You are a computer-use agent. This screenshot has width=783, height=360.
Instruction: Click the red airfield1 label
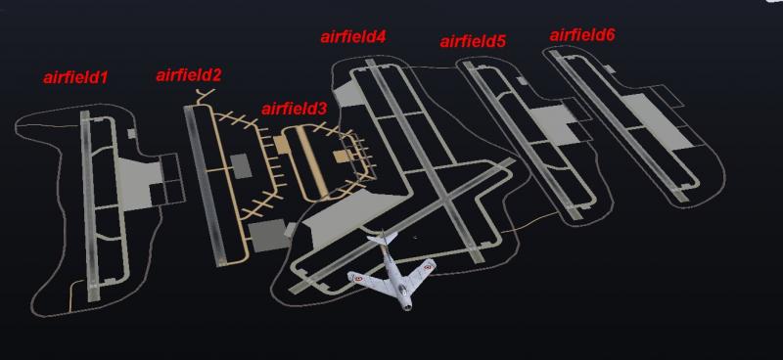pyautogui.click(x=75, y=77)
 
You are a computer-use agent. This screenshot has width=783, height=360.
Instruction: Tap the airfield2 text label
pyautogui.click(x=188, y=75)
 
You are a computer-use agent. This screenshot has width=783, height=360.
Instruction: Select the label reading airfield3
pyautogui.click(x=295, y=109)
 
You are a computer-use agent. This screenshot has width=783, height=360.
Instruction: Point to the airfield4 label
pyautogui.click(x=353, y=37)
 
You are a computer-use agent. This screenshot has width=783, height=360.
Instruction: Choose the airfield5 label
pyautogui.click(x=473, y=41)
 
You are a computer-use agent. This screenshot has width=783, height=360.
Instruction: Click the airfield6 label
pyautogui.click(x=582, y=35)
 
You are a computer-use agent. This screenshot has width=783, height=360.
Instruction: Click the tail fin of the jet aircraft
pyautogui.click(x=382, y=239)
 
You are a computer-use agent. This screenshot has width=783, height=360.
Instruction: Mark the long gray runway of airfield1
pyautogui.click(x=89, y=205)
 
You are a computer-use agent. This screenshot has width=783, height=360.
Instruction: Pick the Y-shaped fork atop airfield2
pyautogui.click(x=205, y=97)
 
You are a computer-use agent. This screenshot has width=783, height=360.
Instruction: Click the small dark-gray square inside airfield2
pyautogui.click(x=241, y=166)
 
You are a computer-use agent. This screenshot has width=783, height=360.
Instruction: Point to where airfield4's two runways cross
pyautogui.click(x=445, y=201)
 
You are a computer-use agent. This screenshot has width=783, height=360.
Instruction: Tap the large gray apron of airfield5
pyautogui.click(x=552, y=125)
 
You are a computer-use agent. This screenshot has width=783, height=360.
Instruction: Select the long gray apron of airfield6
pyautogui.click(x=656, y=122)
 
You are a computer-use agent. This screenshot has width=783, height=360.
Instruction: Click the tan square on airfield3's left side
pyautogui.click(x=279, y=145)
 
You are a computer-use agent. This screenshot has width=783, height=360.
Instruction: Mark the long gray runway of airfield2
pyautogui.click(x=205, y=185)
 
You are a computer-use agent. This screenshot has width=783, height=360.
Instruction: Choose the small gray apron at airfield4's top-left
pyautogui.click(x=349, y=95)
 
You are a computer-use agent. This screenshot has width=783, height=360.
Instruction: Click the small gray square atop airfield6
pyautogui.click(x=609, y=68)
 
